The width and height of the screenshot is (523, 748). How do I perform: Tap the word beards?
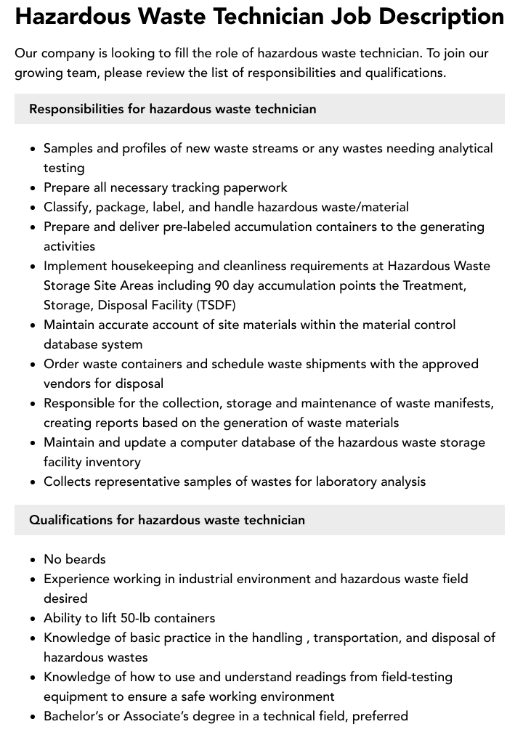tap(86, 559)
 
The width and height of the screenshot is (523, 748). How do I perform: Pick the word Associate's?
tap(155, 716)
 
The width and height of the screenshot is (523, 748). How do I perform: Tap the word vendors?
tap(67, 383)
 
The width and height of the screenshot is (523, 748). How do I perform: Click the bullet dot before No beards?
tap(33, 560)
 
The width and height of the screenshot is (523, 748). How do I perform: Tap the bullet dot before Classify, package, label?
tap(33, 208)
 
